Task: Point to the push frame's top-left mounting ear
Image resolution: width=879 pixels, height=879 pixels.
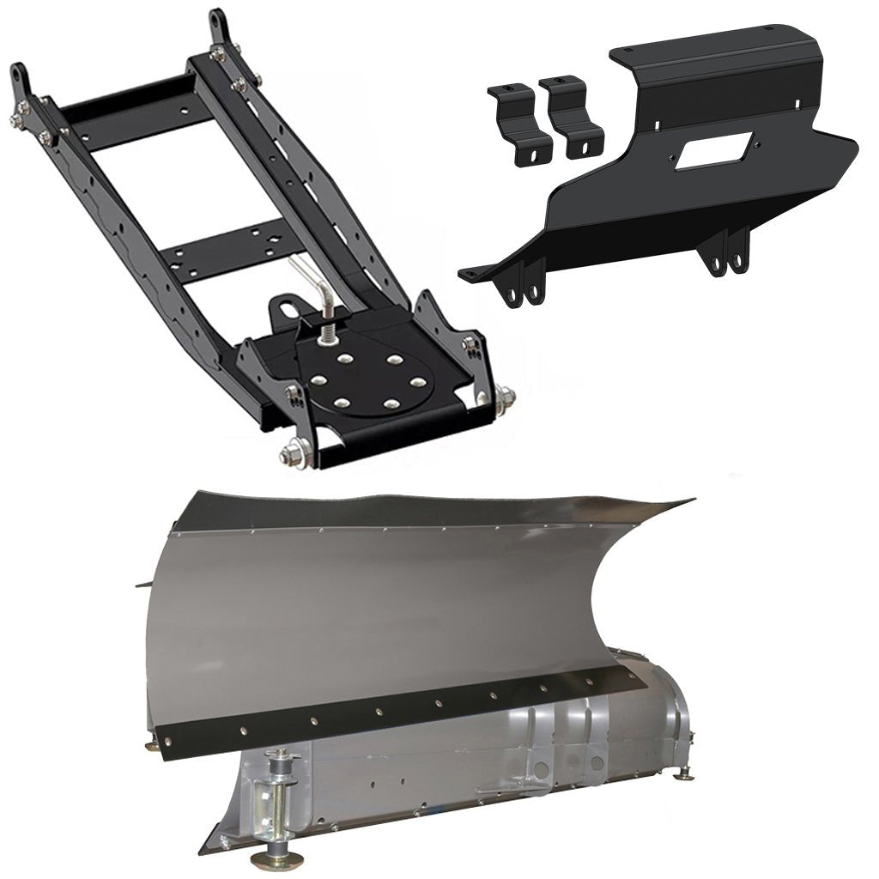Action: pos(21,82)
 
